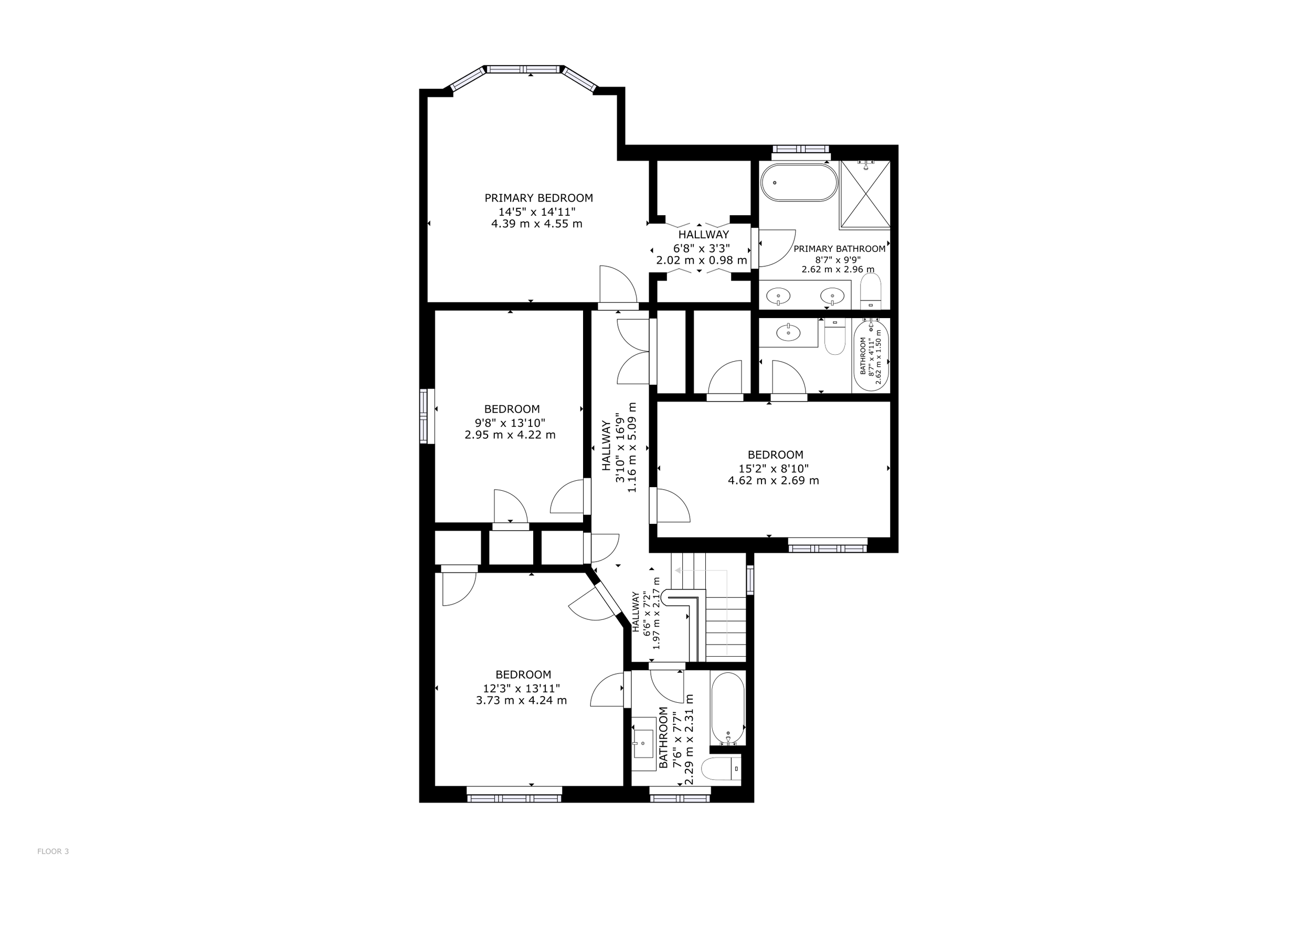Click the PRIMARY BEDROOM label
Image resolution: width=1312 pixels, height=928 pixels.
coord(538,198)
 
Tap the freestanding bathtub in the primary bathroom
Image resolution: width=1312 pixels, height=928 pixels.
coord(799,182)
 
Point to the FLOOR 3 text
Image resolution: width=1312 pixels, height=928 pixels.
coord(53,851)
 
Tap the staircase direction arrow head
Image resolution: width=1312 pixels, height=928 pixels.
coord(677,570)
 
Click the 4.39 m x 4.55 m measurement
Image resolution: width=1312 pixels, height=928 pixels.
coord(536,224)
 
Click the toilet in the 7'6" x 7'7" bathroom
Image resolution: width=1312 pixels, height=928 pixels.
coord(720,769)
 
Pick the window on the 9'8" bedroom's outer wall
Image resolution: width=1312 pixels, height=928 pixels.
coord(424,416)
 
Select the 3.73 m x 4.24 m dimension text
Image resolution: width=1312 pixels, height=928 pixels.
coord(521,701)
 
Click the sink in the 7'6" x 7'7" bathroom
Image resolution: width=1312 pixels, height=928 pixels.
coord(643,743)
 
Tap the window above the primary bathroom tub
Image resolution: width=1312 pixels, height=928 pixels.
coord(800,149)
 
